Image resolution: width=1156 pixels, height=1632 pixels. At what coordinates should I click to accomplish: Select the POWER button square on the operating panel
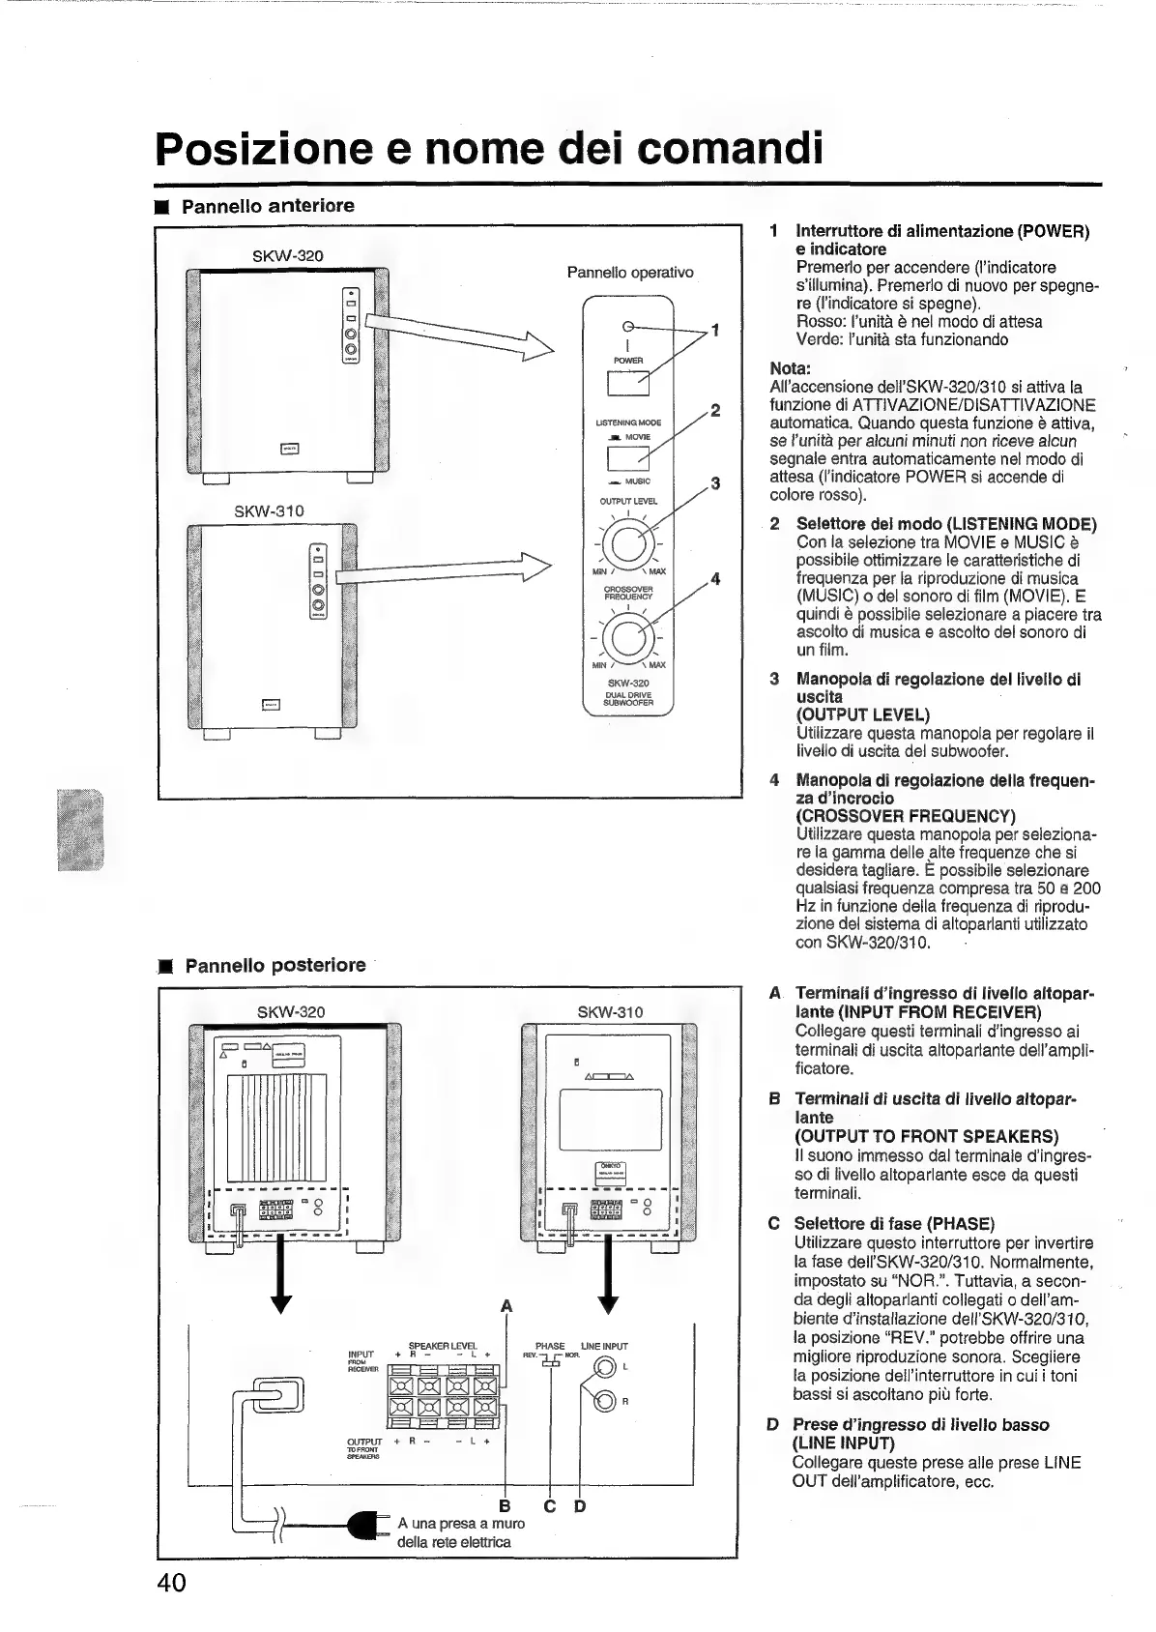point(627,384)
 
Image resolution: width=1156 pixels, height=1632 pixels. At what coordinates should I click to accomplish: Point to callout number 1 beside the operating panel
point(715,331)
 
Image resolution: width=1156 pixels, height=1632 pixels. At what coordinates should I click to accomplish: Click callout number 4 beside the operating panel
point(715,580)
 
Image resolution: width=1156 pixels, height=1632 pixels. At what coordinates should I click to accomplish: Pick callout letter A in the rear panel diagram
point(506,1307)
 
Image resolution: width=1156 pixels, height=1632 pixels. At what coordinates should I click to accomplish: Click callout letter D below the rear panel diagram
point(580,1506)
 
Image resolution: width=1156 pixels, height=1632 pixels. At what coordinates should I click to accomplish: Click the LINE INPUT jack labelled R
point(605,1400)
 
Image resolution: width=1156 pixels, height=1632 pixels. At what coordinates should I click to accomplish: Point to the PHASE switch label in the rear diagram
point(550,1346)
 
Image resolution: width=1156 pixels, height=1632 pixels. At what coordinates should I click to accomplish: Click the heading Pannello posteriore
point(275,965)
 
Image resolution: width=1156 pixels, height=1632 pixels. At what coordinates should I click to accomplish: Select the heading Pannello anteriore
point(268,206)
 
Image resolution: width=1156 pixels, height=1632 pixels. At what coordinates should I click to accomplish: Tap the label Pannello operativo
point(629,273)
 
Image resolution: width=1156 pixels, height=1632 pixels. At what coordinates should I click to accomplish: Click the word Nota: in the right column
point(790,368)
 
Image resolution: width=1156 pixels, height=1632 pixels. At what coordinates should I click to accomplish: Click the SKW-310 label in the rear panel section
point(610,1012)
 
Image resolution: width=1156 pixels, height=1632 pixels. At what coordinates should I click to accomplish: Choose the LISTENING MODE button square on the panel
point(627,459)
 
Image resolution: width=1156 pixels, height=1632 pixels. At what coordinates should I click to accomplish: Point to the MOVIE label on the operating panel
point(638,437)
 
